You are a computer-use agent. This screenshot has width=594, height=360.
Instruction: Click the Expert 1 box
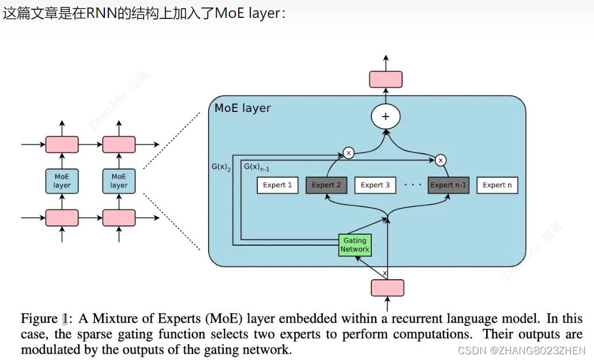pyautogui.click(x=277, y=185)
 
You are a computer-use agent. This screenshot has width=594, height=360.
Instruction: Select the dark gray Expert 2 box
pyautogui.click(x=326, y=185)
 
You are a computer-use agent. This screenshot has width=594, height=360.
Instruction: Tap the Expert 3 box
pyautogui.click(x=375, y=185)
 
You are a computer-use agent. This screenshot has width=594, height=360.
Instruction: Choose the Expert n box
pyautogui.click(x=497, y=185)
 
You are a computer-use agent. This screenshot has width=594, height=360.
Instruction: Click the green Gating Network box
pyautogui.click(x=355, y=245)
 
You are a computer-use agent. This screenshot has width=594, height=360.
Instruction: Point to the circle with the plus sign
pyautogui.click(x=386, y=117)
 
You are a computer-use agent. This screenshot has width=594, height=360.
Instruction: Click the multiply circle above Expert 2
pyautogui.click(x=348, y=153)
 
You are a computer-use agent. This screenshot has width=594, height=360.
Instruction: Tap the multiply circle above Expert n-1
pyautogui.click(x=441, y=160)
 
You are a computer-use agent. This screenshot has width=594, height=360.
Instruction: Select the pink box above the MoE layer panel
pyautogui.click(x=386, y=79)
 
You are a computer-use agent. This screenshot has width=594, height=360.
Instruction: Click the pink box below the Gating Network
pyautogui.click(x=387, y=287)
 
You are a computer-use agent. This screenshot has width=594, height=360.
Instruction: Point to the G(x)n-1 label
pyautogui.click(x=257, y=167)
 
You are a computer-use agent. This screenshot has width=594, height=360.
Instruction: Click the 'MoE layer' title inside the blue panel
pyautogui.click(x=242, y=108)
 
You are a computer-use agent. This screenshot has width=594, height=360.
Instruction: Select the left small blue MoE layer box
pyautogui.click(x=62, y=181)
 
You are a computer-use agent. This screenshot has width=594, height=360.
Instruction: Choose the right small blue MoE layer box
pyautogui.click(x=119, y=181)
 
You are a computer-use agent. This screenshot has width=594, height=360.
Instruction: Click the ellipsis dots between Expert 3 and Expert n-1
pyautogui.click(x=412, y=185)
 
